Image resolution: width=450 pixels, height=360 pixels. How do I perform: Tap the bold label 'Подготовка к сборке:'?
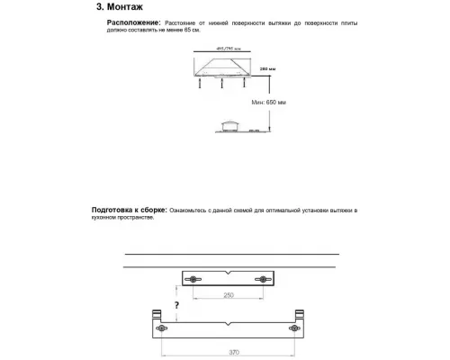tap(129, 210)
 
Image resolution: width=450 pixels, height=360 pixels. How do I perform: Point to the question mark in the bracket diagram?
tap(177, 304)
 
